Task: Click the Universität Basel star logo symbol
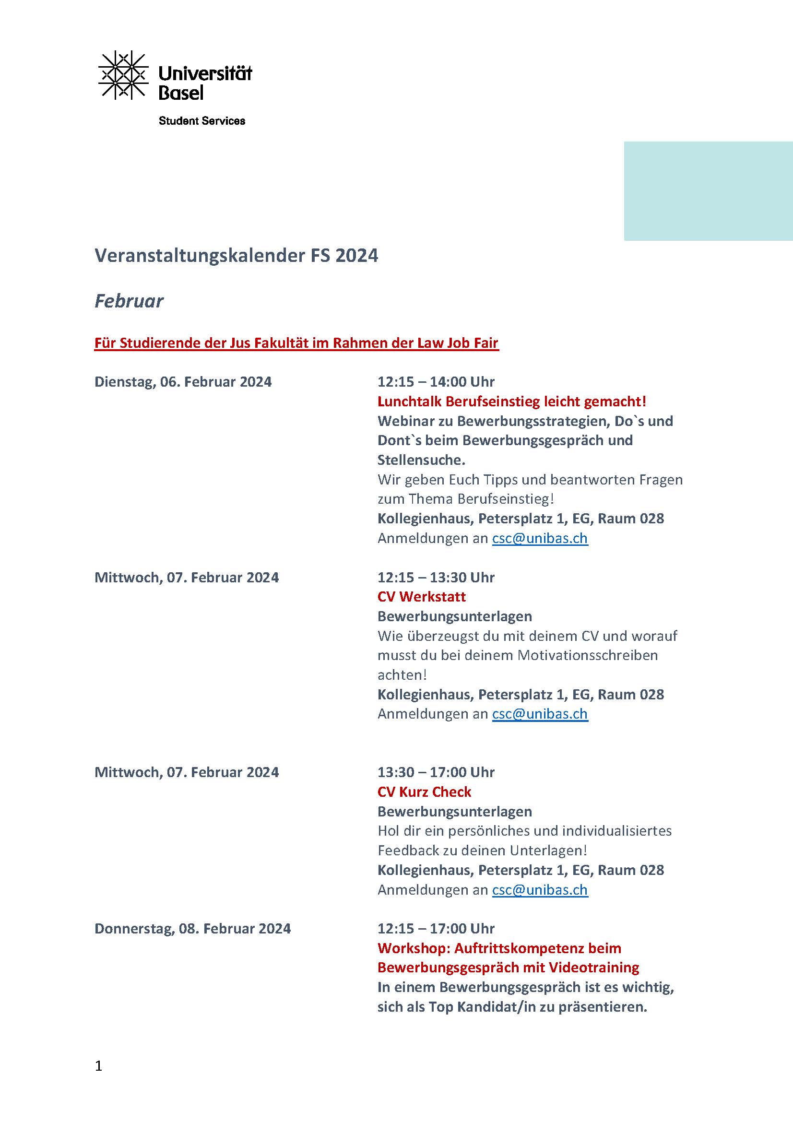pos(123,75)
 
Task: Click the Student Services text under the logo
pos(202,121)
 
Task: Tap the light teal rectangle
pos(708,191)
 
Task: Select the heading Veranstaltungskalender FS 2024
pos(236,256)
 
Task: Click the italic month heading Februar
pos(129,301)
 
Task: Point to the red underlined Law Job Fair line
pos(296,343)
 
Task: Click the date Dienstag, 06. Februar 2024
pos(183,382)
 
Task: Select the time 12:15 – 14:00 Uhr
pos(436,382)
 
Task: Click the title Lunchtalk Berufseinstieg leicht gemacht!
pos(511,401)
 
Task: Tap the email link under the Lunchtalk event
pos(540,538)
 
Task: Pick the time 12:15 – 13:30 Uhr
pos(436,577)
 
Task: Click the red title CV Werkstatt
pos(422,597)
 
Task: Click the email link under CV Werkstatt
pos(540,714)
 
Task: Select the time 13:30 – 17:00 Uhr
pos(436,772)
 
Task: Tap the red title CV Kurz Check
pos(424,791)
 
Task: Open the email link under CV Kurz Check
pos(540,890)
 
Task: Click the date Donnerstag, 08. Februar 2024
pos(192,929)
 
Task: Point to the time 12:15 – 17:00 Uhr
pos(436,929)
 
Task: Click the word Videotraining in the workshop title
pos(593,968)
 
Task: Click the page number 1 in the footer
pos(99,1066)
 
